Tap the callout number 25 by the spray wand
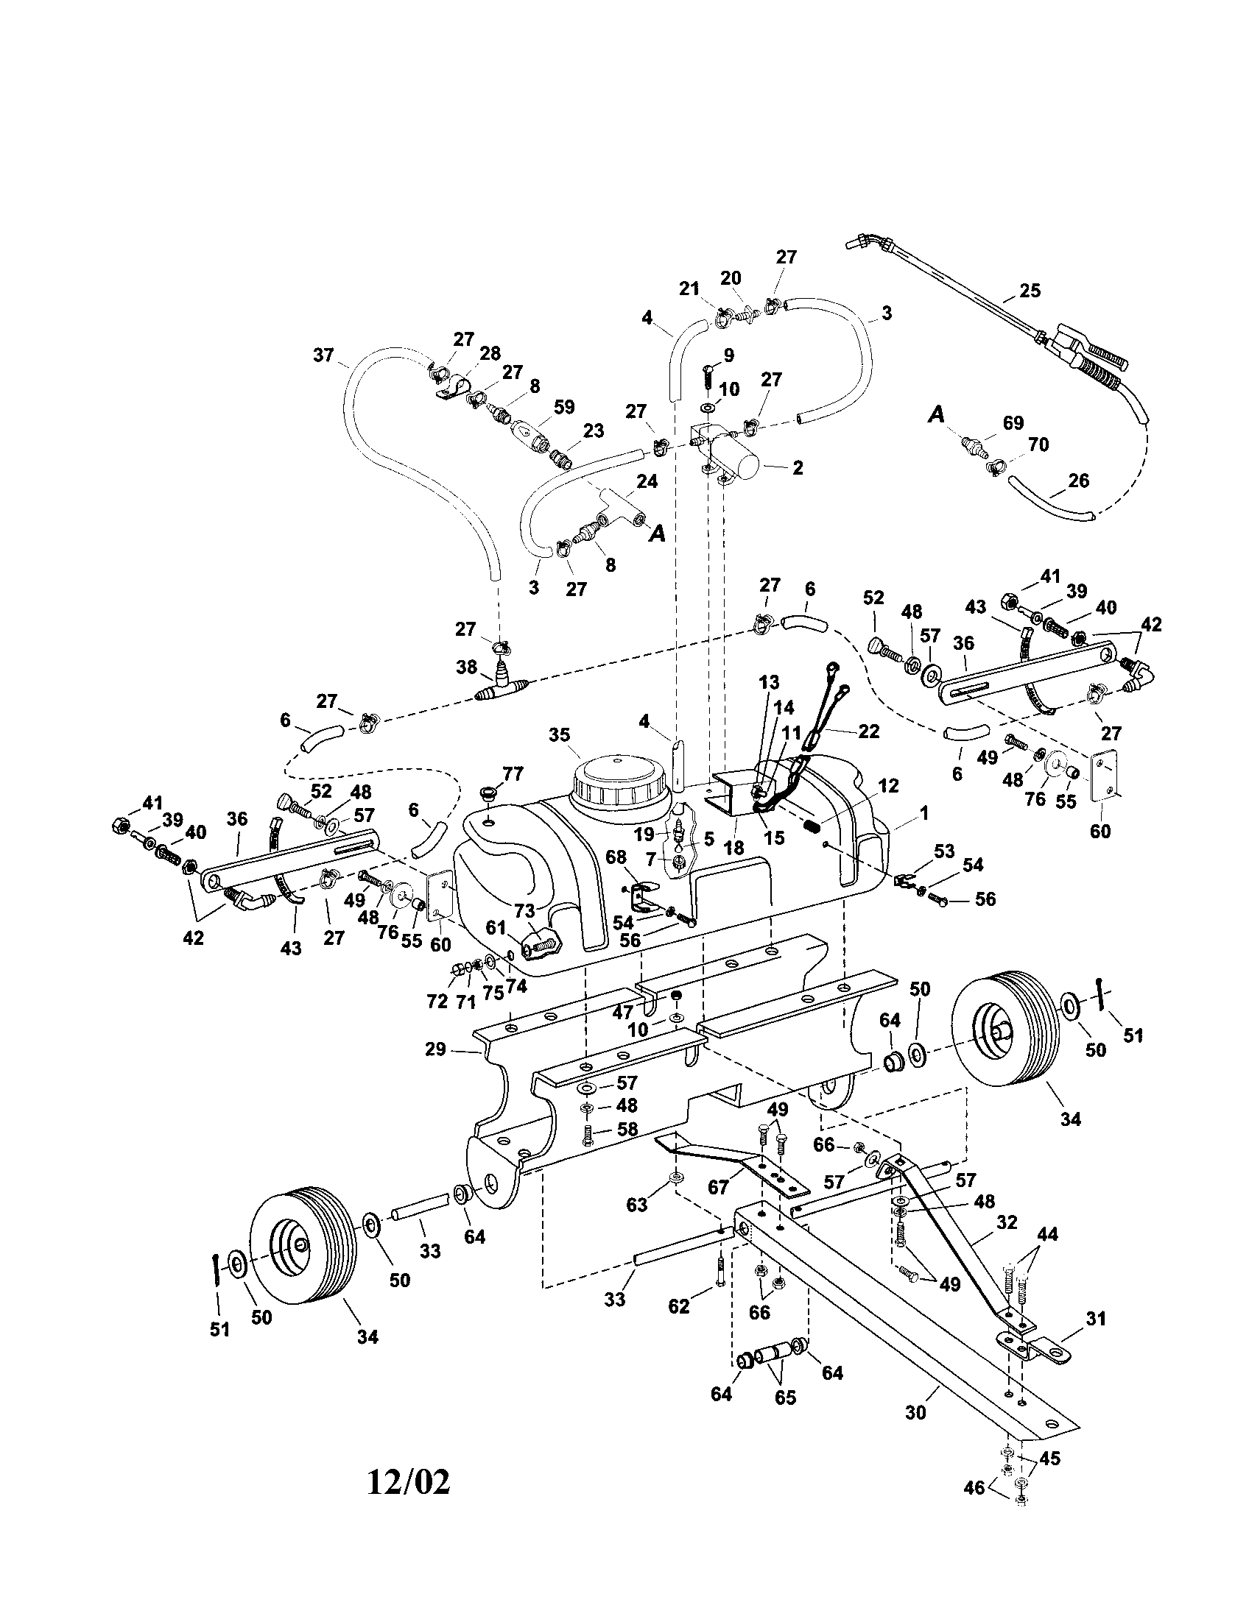click(x=1030, y=291)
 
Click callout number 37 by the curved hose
click(x=324, y=355)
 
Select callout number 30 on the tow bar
click(x=916, y=1412)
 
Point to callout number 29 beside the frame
click(x=435, y=1049)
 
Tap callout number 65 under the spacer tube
click(x=785, y=1397)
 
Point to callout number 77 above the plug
click(x=512, y=774)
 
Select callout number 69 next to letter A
click(x=1013, y=422)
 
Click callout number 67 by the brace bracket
click(x=718, y=1188)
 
